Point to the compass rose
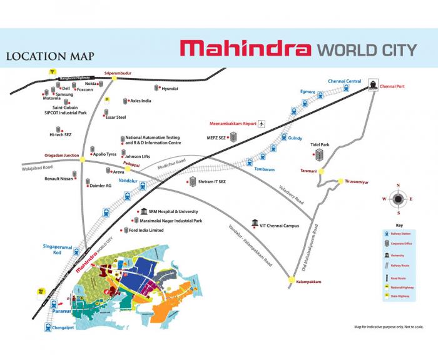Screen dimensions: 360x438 396,199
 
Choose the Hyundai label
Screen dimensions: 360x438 170,89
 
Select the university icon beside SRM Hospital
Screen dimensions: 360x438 144,211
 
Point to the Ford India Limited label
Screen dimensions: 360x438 146,230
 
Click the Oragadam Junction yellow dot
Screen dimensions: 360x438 83,159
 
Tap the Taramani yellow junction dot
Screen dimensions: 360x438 322,171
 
